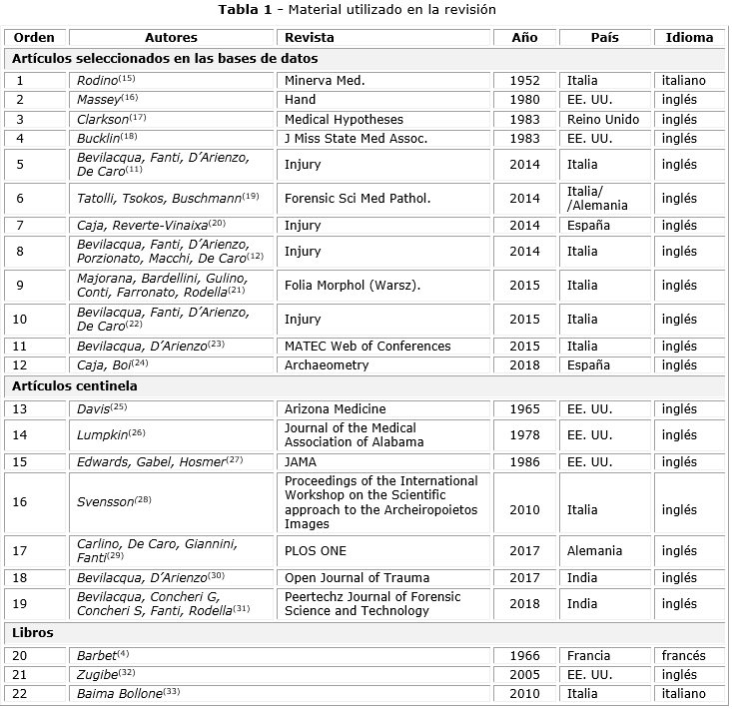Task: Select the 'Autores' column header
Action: [x=171, y=37]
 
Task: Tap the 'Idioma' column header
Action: [x=689, y=37]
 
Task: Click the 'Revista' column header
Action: [x=310, y=37]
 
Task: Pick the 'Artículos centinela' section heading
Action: [x=75, y=385]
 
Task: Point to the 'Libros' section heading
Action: [x=33, y=632]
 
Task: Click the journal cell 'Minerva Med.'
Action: [x=325, y=80]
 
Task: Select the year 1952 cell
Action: [x=524, y=80]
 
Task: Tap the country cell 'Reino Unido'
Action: [x=602, y=119]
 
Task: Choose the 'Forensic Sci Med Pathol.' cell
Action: [x=358, y=198]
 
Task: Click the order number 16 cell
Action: [x=20, y=501]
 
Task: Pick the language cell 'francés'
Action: [x=683, y=655]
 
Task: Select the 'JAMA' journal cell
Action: [x=302, y=461]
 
